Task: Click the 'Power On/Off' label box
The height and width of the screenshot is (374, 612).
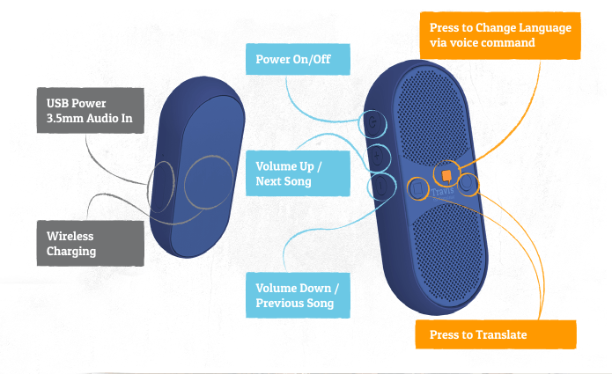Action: [x=297, y=61]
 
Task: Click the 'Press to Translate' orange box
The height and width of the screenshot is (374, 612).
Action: [x=496, y=334]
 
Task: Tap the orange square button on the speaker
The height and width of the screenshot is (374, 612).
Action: [x=447, y=175]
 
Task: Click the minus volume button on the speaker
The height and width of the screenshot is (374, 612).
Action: [x=380, y=187]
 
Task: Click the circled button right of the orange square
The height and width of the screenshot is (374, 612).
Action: [x=467, y=185]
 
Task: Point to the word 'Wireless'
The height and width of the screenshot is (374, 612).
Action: [x=70, y=237]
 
